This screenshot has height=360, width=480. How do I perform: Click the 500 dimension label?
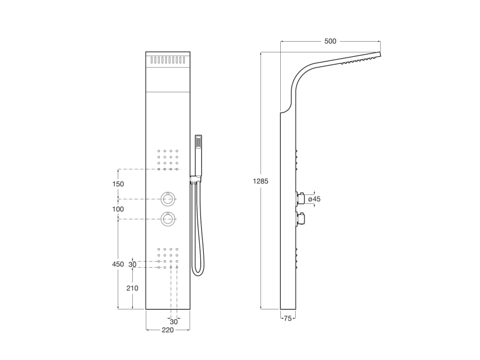coord(330,41)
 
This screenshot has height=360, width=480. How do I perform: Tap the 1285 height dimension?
coord(261,181)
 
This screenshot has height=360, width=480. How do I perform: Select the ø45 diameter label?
coord(314,199)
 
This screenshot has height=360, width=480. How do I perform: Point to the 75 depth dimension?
coord(288,318)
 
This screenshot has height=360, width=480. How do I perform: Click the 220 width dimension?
coord(168,330)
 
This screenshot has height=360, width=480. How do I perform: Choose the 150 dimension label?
coord(118,184)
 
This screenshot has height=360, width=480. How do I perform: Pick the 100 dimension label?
coord(118,209)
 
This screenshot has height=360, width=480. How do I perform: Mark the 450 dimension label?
coord(118,264)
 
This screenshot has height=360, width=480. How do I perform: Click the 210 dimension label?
coord(132,288)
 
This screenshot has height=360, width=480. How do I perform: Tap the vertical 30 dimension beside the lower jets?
coord(132,264)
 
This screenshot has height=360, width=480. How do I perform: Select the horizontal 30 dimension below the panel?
coord(174,322)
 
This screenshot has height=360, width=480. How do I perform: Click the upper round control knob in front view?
coord(168,199)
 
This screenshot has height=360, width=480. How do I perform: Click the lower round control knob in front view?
coord(168,219)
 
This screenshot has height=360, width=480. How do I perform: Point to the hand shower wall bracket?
coord(195,179)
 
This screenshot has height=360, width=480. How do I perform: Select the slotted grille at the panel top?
coord(168,60)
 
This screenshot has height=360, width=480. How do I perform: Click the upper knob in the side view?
coord(300,199)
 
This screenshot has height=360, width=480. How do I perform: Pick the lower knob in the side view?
coord(300,219)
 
